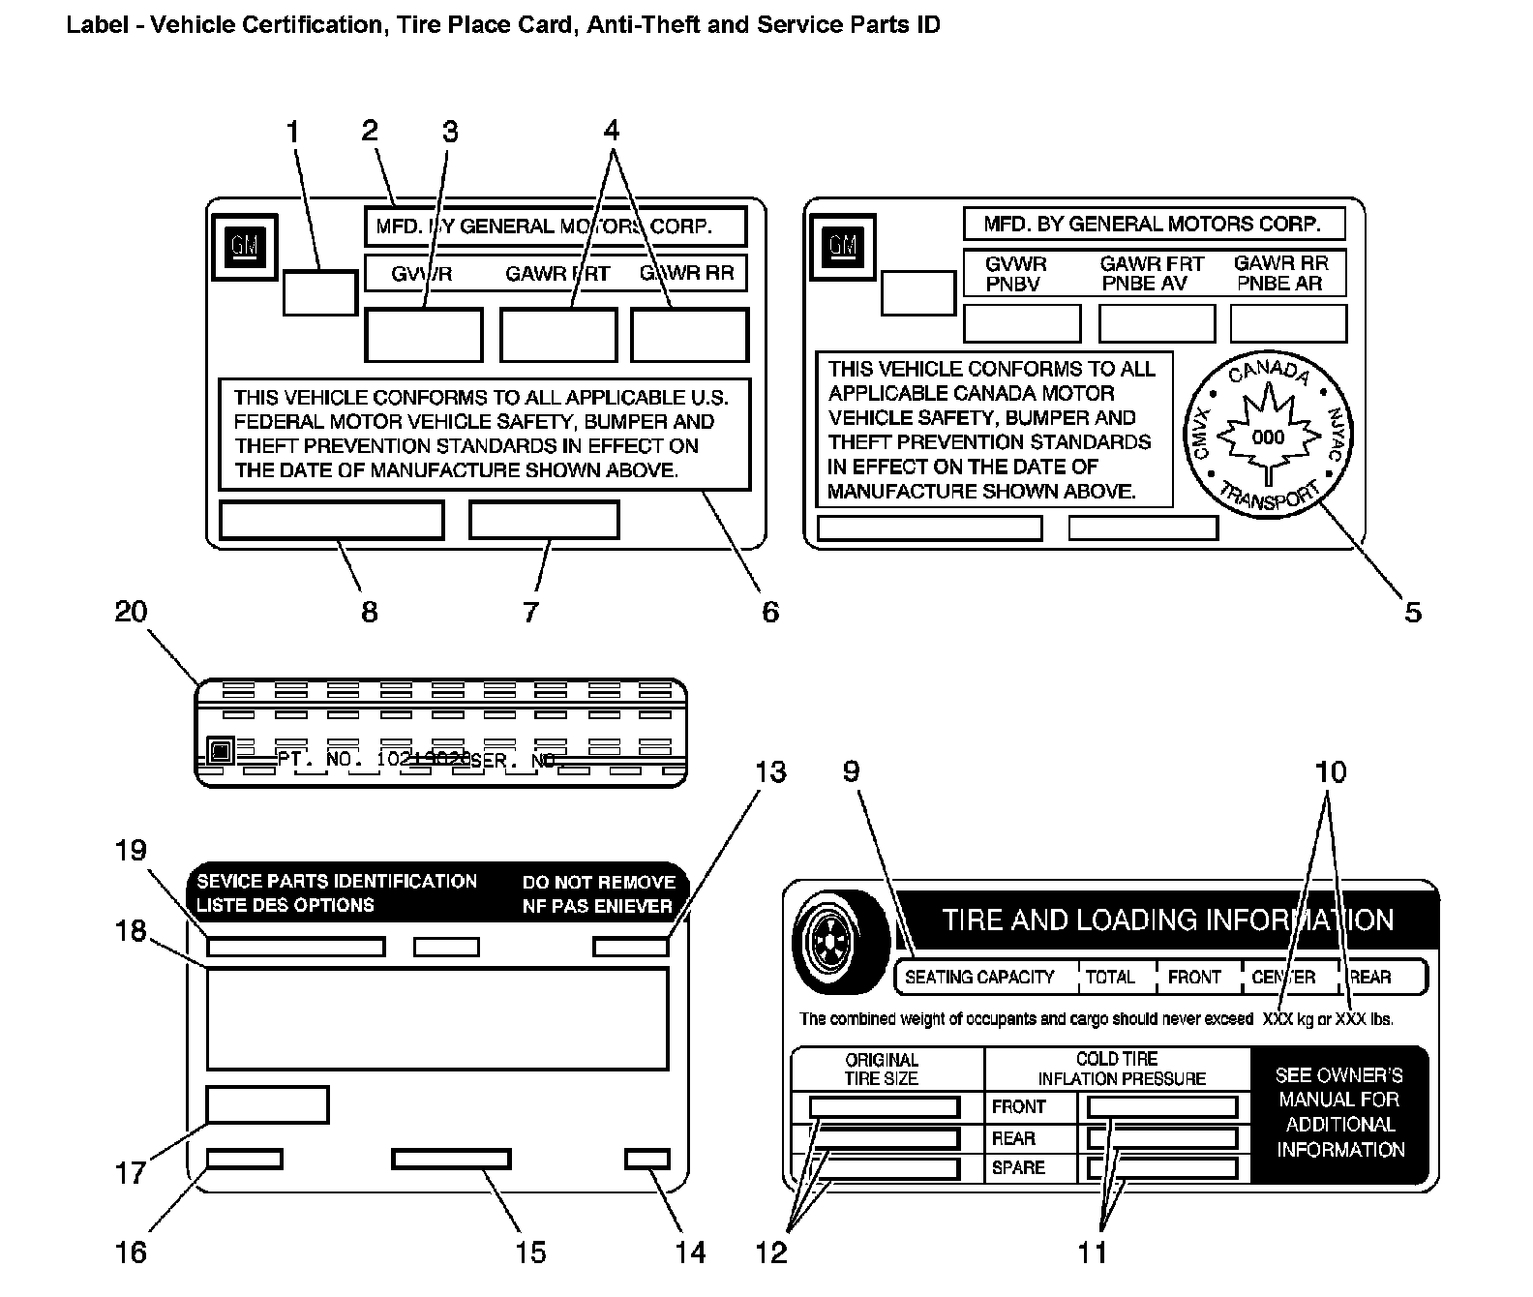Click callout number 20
131,612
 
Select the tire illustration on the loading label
839,941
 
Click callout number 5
1412,612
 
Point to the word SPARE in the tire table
1018,1168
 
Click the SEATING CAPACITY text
979,978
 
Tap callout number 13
770,772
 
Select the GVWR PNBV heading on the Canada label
1015,273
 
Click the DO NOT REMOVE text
598,883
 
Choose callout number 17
131,1173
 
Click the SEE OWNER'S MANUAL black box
1339,1113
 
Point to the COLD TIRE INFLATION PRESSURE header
1121,1069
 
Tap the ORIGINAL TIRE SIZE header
881,1069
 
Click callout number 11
1092,1252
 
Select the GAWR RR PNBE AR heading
1280,273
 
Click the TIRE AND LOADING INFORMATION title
1167,920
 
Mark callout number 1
292,131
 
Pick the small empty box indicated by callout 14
647,1159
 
